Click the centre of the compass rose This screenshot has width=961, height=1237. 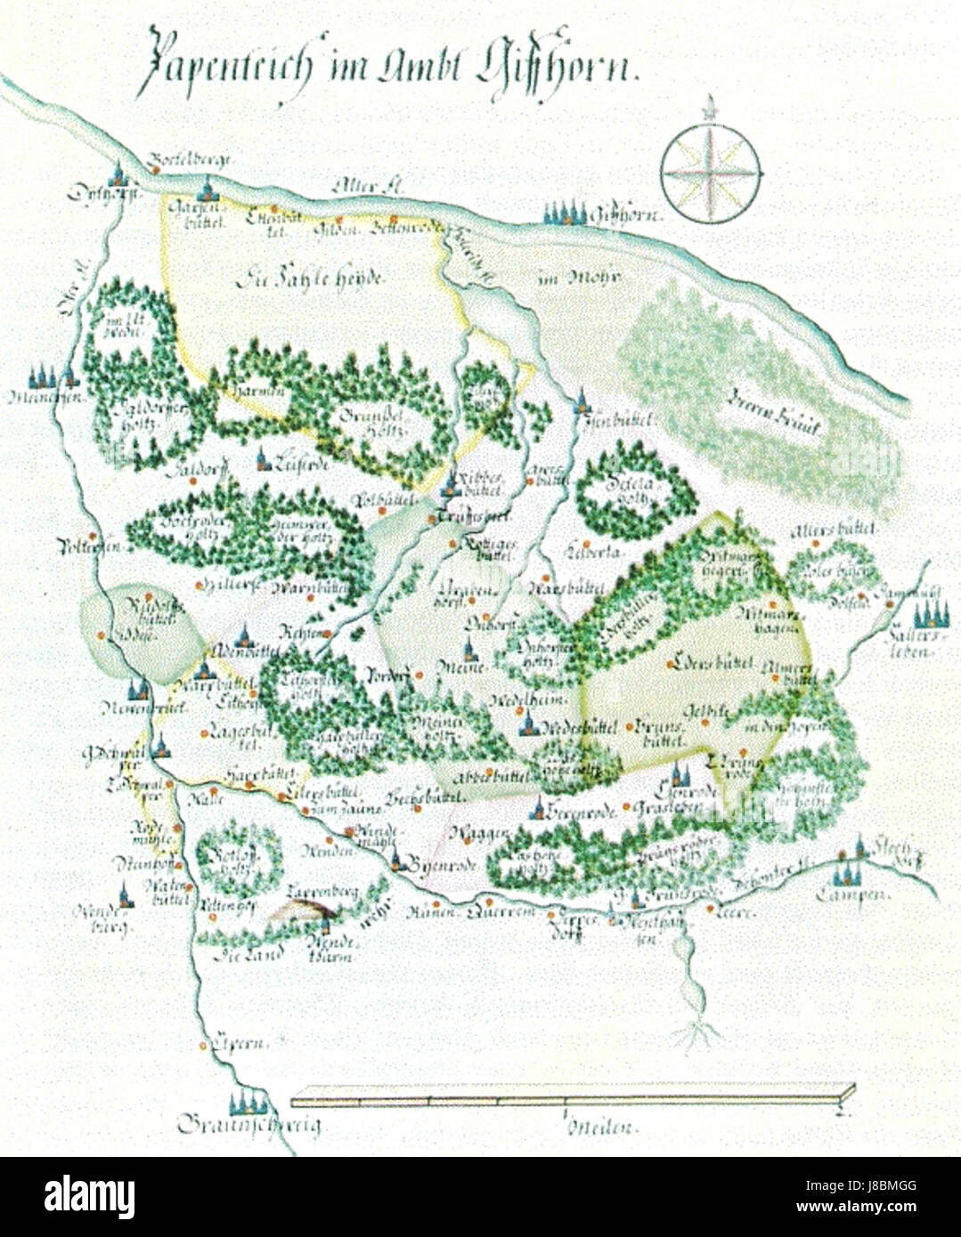[711, 173]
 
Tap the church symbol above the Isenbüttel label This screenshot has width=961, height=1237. [582, 400]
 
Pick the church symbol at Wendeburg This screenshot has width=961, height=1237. [126, 895]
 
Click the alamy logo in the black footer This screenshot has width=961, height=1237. [88, 1197]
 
